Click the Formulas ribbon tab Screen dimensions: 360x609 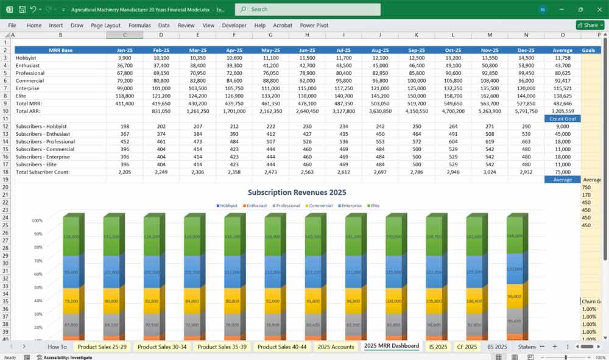point(139,26)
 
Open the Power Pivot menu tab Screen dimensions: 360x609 point(314,26)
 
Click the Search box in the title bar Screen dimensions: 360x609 point(308,9)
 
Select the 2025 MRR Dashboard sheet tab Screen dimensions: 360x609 point(392,347)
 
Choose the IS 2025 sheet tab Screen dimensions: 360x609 point(438,347)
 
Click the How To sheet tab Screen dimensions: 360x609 point(57,347)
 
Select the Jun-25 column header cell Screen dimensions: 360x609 point(307,50)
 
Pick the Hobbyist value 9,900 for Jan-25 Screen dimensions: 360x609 point(124,57)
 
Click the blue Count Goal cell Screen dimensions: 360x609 point(562,119)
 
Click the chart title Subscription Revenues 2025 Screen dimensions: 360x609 point(297,192)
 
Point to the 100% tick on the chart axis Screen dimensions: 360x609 point(37,221)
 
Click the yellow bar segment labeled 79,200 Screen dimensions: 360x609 point(71,300)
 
